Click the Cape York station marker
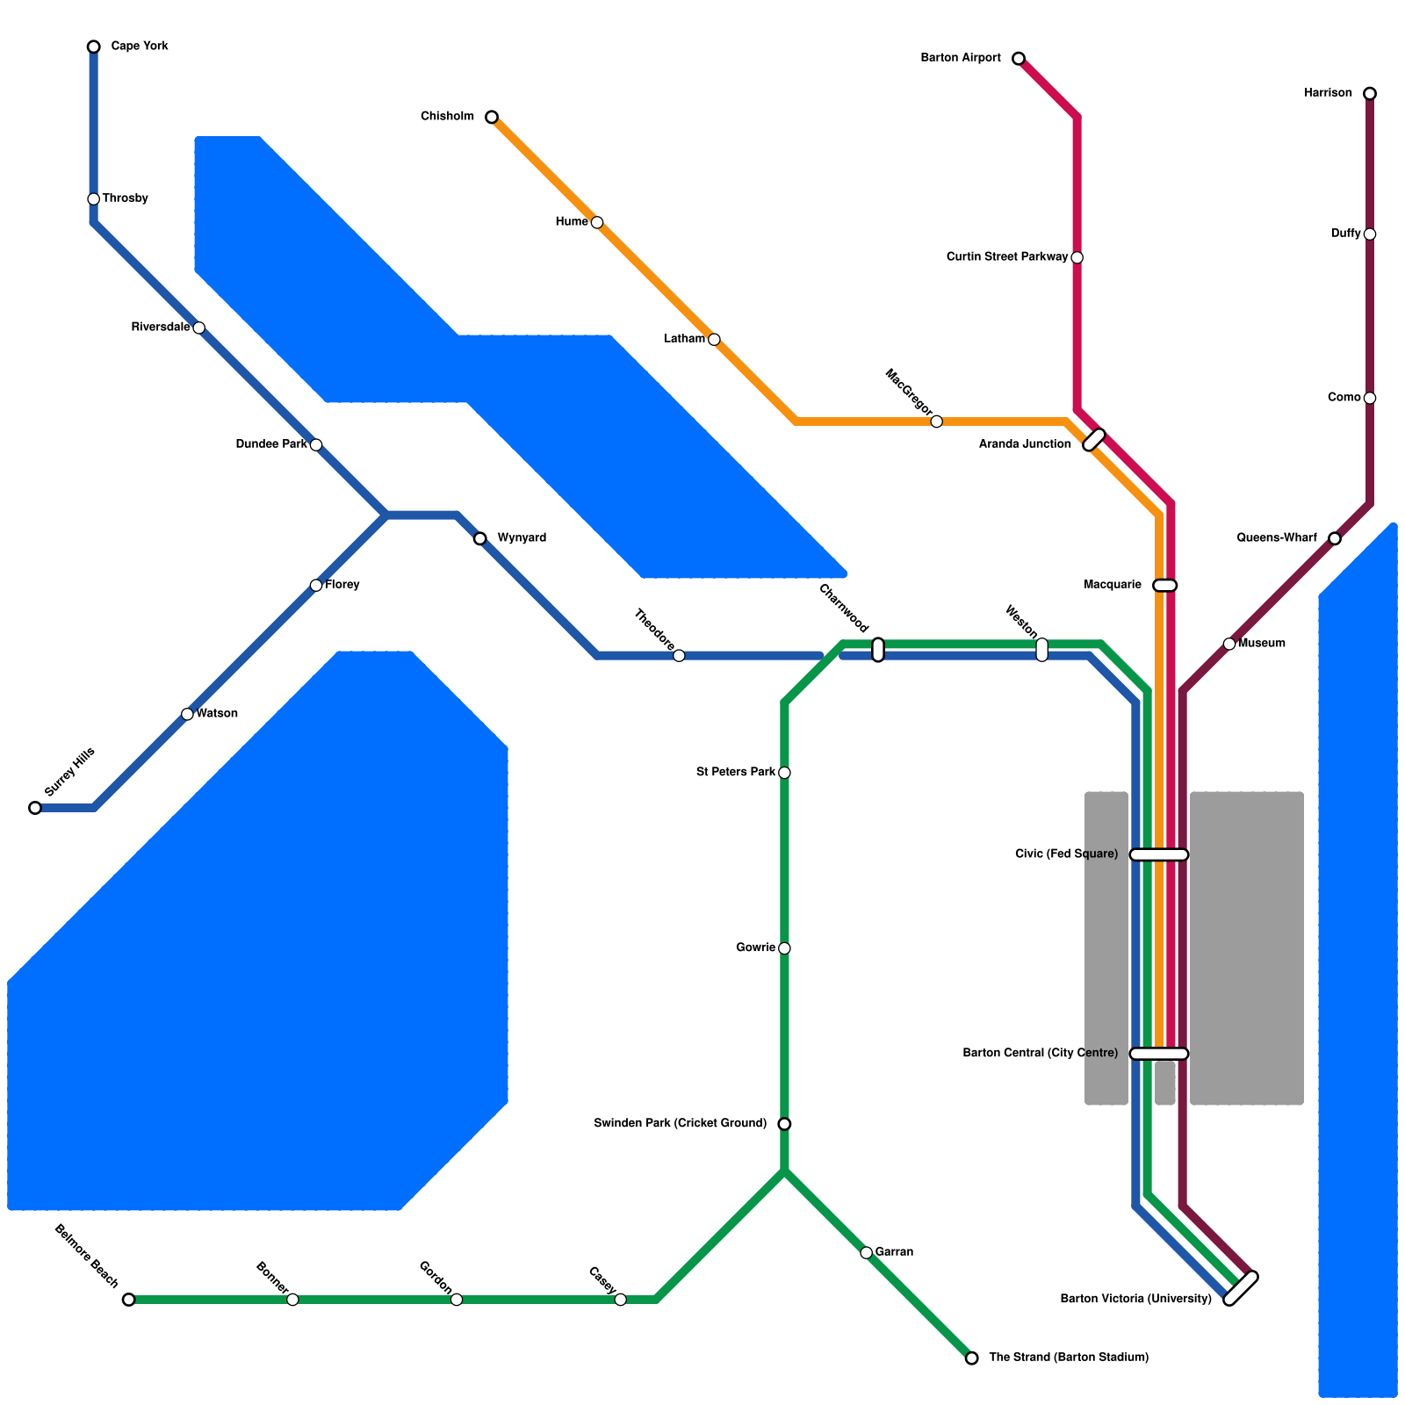click(x=94, y=47)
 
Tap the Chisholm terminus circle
click(x=492, y=117)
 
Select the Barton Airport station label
click(x=960, y=58)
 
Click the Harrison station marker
click(x=1370, y=93)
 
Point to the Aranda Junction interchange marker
click(x=1094, y=440)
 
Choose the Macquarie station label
click(x=1113, y=585)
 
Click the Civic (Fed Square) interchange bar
click(x=1159, y=854)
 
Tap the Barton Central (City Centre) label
click(x=1040, y=1053)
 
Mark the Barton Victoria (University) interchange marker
click(x=1241, y=1288)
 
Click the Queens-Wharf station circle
click(x=1335, y=538)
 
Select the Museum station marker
click(x=1229, y=644)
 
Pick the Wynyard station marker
click(x=479, y=538)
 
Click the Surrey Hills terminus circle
click(x=35, y=808)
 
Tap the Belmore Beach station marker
click(x=129, y=1300)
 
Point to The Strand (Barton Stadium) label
click(x=1068, y=1358)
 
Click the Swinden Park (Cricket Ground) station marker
click(x=784, y=1124)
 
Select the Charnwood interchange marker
click(x=878, y=650)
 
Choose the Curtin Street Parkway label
click(x=1006, y=257)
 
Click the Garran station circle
click(x=866, y=1252)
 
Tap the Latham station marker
click(x=714, y=340)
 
